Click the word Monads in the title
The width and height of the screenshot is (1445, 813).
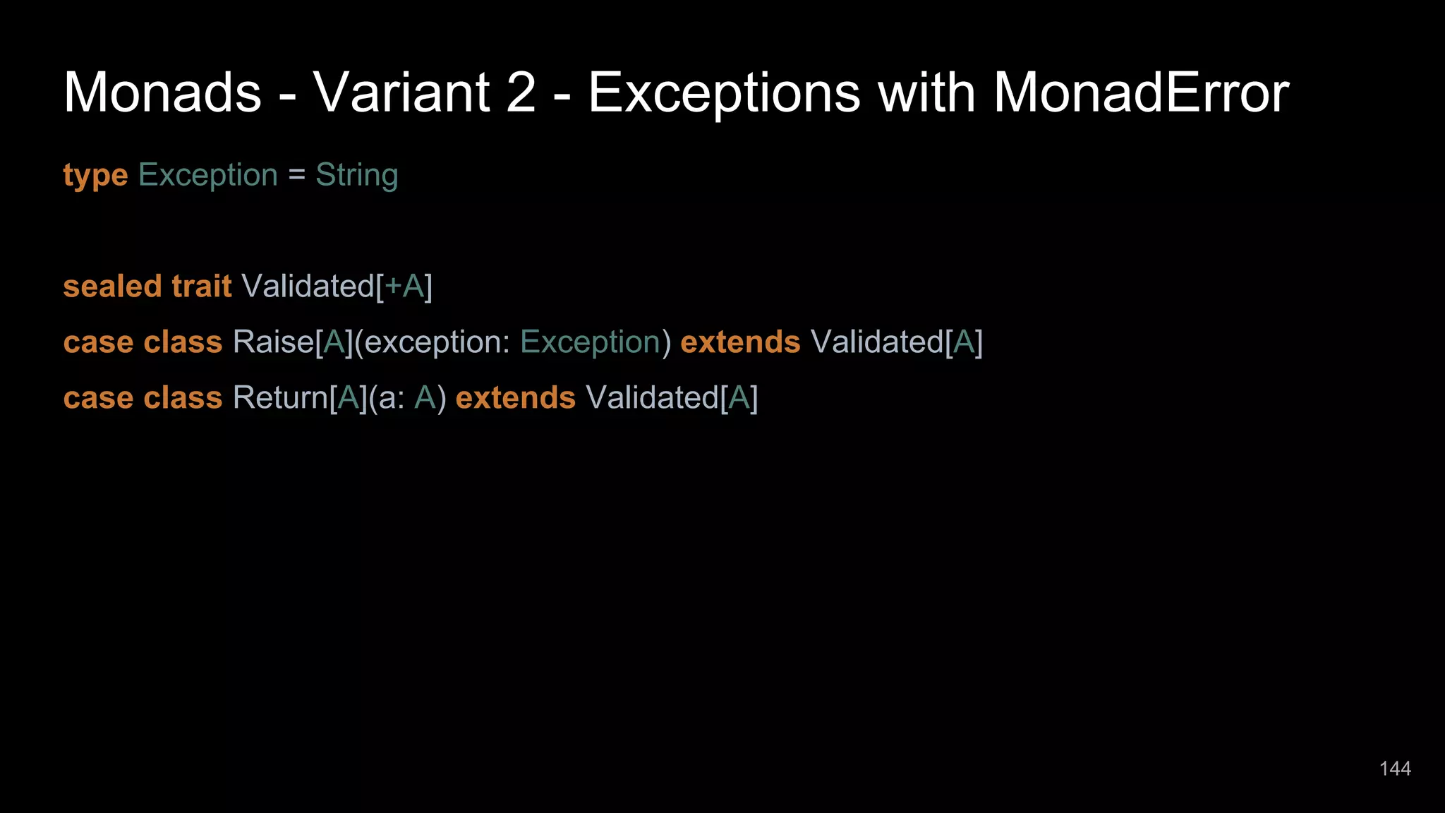tap(162, 92)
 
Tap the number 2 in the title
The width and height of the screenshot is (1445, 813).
tap(521, 92)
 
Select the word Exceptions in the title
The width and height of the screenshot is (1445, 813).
tap(724, 92)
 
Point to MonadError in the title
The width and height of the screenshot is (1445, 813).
tap(1141, 92)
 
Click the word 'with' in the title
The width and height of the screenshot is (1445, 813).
tap(926, 92)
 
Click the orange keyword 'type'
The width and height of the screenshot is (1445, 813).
tap(95, 175)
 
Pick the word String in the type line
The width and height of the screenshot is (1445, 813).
tap(356, 175)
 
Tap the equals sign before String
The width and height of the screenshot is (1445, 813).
tap(296, 175)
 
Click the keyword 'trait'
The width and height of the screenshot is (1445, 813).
tap(202, 287)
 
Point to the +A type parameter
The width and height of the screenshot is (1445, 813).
tap(404, 287)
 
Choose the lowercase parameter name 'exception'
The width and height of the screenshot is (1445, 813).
tap(433, 342)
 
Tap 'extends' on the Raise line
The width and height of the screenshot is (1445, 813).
tap(740, 342)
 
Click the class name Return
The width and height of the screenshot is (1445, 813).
tap(280, 398)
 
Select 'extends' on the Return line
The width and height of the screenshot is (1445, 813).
tap(516, 398)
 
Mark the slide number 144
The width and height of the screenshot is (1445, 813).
tap(1395, 769)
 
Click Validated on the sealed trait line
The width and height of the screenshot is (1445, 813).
tap(308, 287)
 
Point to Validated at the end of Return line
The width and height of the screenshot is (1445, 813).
tap(652, 398)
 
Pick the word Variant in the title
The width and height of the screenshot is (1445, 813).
tap(401, 92)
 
